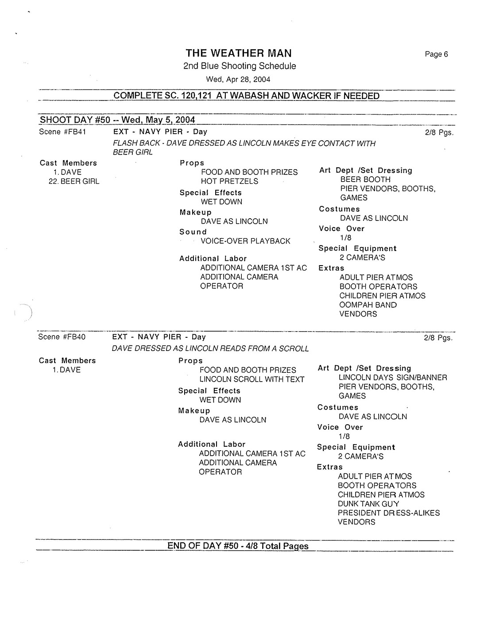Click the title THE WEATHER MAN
(x=239, y=54)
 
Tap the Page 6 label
(x=436, y=54)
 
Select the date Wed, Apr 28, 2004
(x=238, y=80)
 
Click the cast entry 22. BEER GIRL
(x=74, y=182)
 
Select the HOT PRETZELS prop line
(x=229, y=181)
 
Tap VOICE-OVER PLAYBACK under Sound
(x=245, y=241)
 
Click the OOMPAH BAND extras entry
(x=368, y=305)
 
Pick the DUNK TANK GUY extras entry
(x=368, y=504)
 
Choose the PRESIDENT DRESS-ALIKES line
(x=389, y=513)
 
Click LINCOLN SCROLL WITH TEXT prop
(x=252, y=379)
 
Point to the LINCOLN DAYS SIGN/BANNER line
(x=393, y=378)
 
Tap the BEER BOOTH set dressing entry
(x=365, y=180)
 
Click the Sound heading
(x=193, y=232)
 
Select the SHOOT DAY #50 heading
(x=117, y=120)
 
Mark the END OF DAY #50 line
(x=238, y=546)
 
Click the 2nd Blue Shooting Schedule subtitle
(x=240, y=66)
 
